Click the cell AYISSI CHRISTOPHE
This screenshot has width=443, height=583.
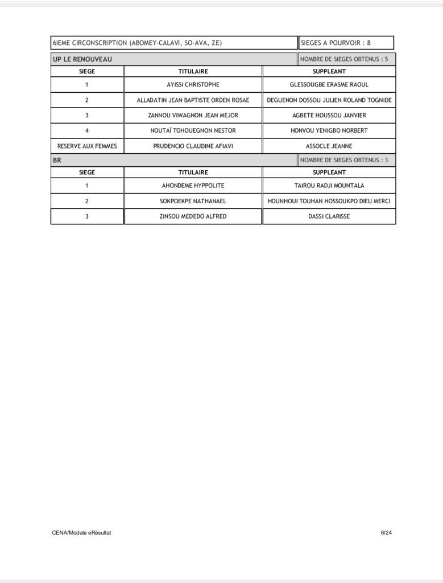pyautogui.click(x=193, y=85)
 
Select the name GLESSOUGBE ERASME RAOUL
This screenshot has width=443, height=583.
pyautogui.click(x=329, y=85)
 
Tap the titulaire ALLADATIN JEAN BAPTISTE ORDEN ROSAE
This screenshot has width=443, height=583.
pyautogui.click(x=193, y=100)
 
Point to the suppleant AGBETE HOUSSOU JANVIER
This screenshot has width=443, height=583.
pyautogui.click(x=329, y=116)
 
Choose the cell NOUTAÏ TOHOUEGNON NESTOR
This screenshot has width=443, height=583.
pyautogui.click(x=193, y=131)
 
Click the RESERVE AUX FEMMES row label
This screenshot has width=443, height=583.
pyautogui.click(x=87, y=146)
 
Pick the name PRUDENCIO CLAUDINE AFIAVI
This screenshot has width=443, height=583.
pyautogui.click(x=193, y=146)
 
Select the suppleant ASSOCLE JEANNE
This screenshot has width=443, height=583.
pyautogui.click(x=329, y=146)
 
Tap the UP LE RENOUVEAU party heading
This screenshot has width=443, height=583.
pyautogui.click(x=82, y=59)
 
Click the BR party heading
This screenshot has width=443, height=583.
pyautogui.click(x=57, y=161)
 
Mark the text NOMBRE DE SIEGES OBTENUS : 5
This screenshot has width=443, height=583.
pyautogui.click(x=344, y=59)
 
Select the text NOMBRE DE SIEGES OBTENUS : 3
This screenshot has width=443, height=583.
pyautogui.click(x=344, y=161)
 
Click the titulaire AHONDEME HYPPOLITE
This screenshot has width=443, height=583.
pyautogui.click(x=193, y=186)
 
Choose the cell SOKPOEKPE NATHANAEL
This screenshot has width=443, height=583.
pyautogui.click(x=193, y=201)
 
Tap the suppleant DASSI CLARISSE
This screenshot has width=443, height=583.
pyautogui.click(x=329, y=216)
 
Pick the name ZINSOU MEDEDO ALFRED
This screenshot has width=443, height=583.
pyautogui.click(x=193, y=216)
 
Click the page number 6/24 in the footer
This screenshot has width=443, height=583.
pyautogui.click(x=386, y=533)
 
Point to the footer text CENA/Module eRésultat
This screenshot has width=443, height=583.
pyautogui.click(x=81, y=533)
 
